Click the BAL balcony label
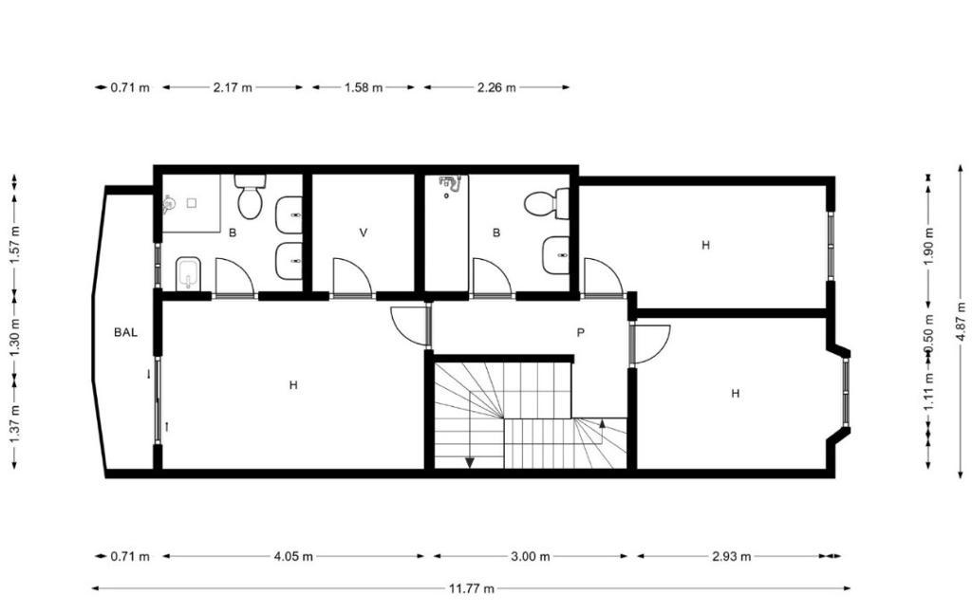pyautogui.click(x=125, y=332)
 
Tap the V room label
pyautogui.click(x=364, y=233)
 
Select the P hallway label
pyautogui.click(x=580, y=333)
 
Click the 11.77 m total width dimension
pyautogui.click(x=472, y=588)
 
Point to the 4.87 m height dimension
pyautogui.click(x=961, y=321)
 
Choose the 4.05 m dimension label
pyautogui.click(x=293, y=556)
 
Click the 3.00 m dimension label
pyautogui.click(x=530, y=556)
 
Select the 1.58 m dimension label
pyautogui.click(x=364, y=87)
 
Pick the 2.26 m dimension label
pyautogui.click(x=496, y=87)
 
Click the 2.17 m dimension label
pyautogui.click(x=233, y=87)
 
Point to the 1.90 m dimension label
pyautogui.click(x=928, y=246)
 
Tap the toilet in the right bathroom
pyautogui.click(x=547, y=203)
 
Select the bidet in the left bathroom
pyautogui.click(x=189, y=273)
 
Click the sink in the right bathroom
pyautogui.click(x=555, y=255)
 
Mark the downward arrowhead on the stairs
pyautogui.click(x=469, y=462)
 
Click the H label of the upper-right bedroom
pyautogui.click(x=705, y=245)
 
